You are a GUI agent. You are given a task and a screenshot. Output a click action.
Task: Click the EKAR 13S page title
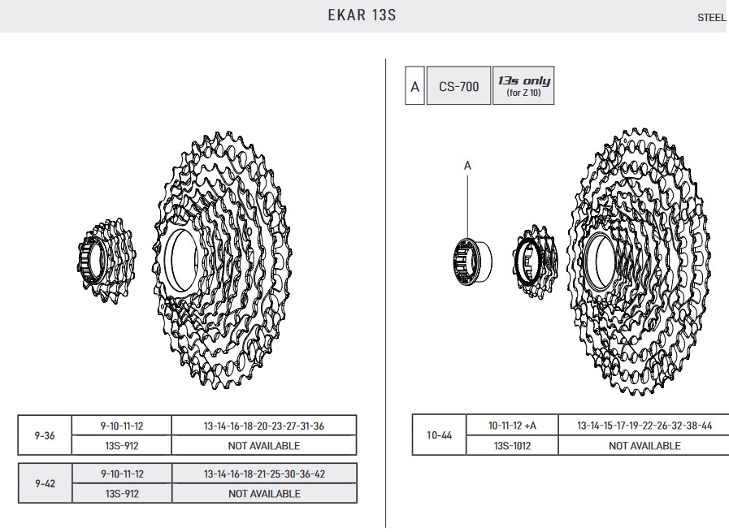click(x=362, y=15)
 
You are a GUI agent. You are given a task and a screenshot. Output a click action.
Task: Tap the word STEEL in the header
click(x=711, y=18)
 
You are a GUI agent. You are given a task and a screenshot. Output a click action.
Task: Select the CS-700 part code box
click(x=458, y=86)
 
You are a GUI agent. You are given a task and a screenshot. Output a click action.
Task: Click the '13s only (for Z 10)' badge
click(x=523, y=86)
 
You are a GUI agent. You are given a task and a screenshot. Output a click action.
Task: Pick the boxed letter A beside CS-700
click(x=414, y=86)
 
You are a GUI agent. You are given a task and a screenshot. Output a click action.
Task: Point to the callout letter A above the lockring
click(x=467, y=166)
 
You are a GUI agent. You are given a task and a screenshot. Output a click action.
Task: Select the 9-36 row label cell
click(x=45, y=435)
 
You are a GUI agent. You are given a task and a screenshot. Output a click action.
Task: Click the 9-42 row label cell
click(x=45, y=483)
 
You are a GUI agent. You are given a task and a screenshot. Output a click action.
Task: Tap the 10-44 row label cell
click(x=440, y=435)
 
